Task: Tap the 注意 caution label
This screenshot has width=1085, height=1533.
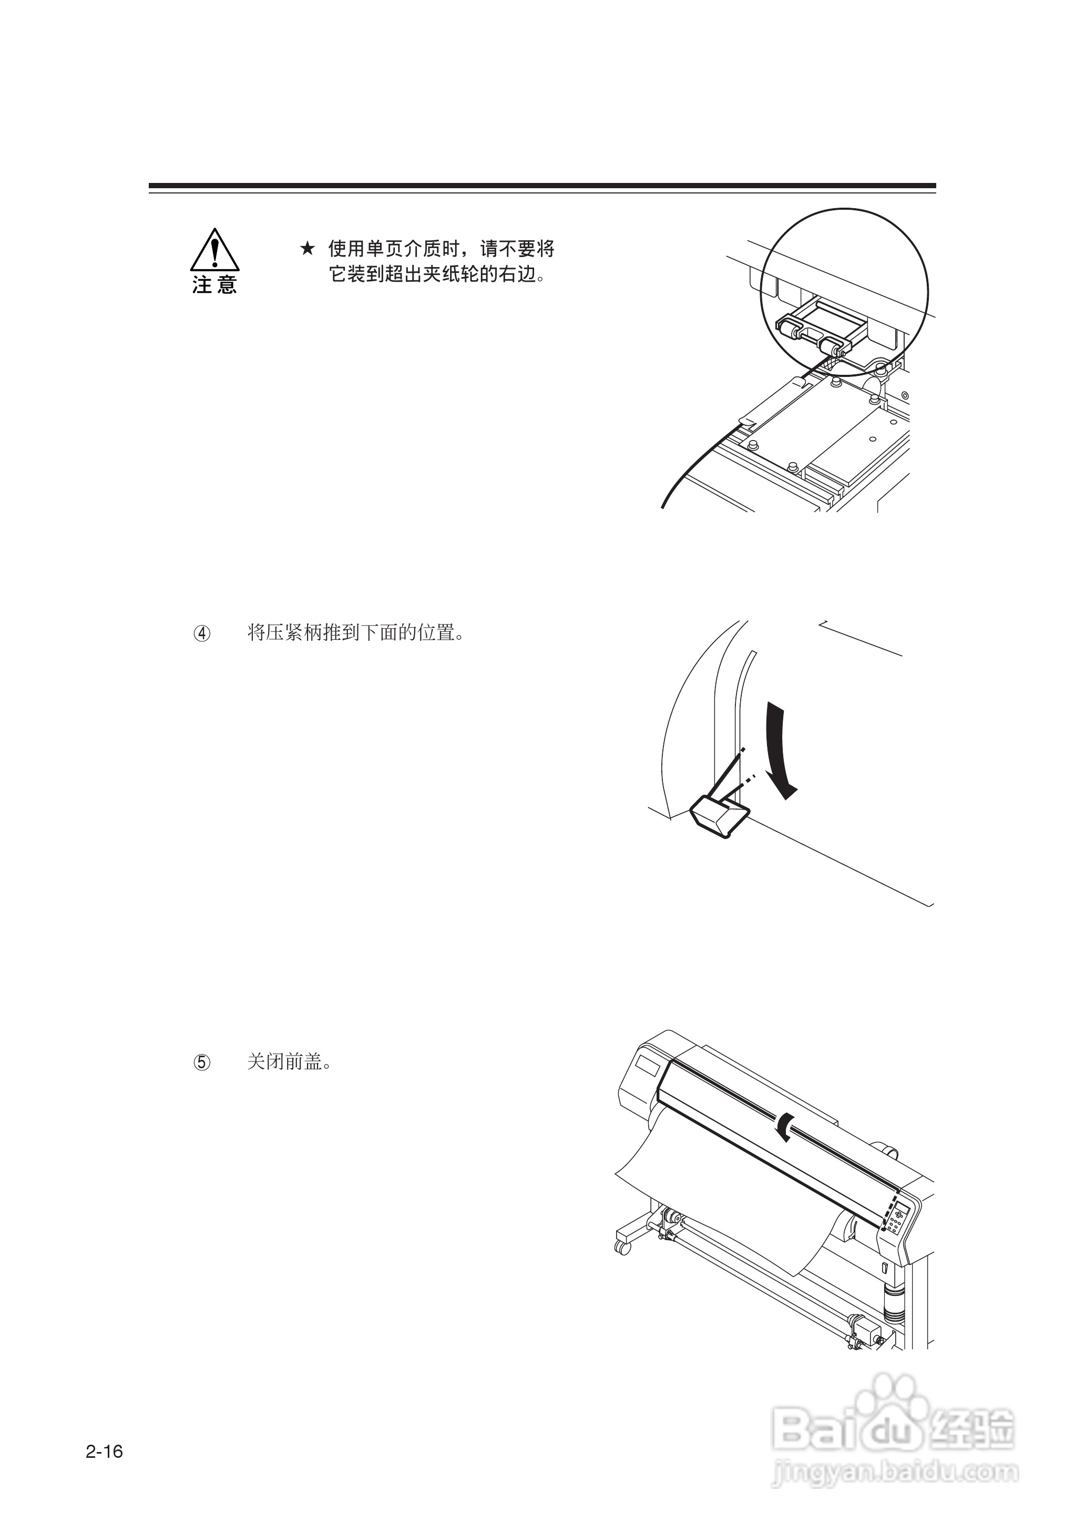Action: point(214,285)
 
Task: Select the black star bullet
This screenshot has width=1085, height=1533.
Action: point(306,249)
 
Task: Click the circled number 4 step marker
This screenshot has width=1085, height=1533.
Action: point(202,633)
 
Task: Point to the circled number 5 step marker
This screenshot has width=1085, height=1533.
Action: point(202,1062)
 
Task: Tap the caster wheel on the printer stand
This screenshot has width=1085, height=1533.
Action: point(622,1246)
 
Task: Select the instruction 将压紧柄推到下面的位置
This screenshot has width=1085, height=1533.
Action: point(355,633)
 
